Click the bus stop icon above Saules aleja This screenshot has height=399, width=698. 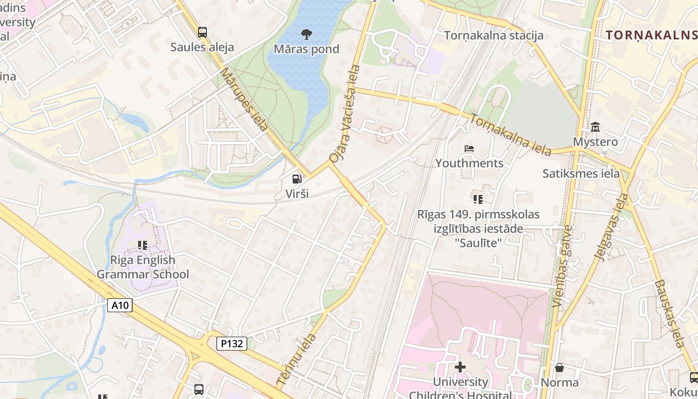coord(202,32)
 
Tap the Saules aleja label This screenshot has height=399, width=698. coord(202,47)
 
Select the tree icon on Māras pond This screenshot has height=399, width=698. coord(307,34)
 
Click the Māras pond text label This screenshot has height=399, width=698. coord(307,49)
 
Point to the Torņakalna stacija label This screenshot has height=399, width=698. coord(494,35)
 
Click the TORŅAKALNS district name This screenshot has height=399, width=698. coord(651,35)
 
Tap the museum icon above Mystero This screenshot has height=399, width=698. coord(595,127)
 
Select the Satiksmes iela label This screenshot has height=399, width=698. coord(581,174)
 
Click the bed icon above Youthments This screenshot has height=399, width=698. coord(469,149)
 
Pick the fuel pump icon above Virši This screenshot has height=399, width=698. coord(297,179)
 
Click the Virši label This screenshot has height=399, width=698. coord(297,194)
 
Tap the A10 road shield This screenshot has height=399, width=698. coord(120,305)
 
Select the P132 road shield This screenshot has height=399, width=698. coord(232,343)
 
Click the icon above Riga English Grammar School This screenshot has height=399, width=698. coord(143,245)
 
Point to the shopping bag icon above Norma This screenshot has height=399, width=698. coord(559,368)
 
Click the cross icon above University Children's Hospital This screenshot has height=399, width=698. coord(460,367)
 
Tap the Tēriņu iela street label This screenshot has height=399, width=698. coord(296,359)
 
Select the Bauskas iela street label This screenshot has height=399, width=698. coord(669,313)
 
